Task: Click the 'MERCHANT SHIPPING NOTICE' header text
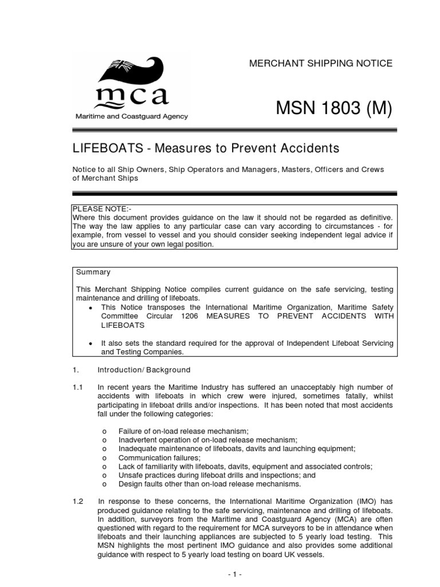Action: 320,64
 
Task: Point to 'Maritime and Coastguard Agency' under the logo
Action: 132,116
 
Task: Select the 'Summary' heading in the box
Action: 93,272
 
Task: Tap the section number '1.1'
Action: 78,388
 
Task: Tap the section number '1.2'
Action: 78,501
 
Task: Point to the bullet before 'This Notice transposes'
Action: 92,307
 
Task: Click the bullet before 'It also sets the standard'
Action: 92,343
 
